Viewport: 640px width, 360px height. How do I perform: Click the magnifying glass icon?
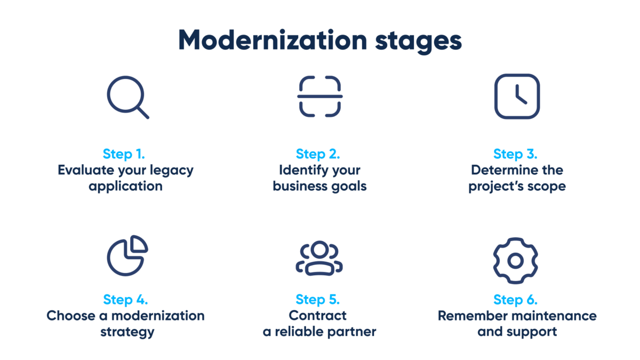coord(127,97)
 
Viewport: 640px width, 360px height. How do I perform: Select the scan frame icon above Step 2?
coord(319,97)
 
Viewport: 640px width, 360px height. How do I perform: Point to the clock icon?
coord(517,97)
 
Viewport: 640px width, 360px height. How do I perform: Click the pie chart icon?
coord(127,255)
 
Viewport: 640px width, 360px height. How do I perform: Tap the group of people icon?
coord(319,258)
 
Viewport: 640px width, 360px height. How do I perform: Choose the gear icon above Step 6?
coord(515,260)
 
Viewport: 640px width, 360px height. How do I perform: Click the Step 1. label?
coord(124,154)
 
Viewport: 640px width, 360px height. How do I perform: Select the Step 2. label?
coord(318,154)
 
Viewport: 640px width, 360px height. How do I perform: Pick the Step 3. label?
coord(515,154)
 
